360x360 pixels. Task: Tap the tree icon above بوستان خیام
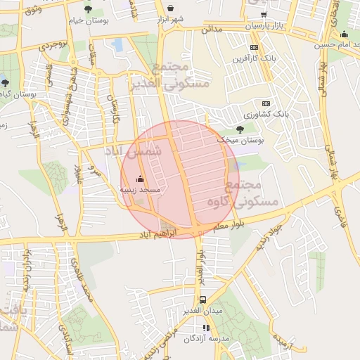click(x=87, y=9)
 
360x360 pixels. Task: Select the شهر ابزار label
click(x=189, y=18)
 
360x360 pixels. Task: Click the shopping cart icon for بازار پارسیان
click(x=264, y=14)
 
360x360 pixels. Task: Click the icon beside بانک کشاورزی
click(x=266, y=103)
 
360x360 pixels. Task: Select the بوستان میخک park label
click(x=240, y=141)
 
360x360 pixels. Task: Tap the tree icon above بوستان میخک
click(x=240, y=129)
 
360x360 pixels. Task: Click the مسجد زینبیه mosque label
click(x=140, y=190)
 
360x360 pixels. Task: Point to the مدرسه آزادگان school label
click(x=208, y=338)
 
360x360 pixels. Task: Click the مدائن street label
click(x=212, y=30)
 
